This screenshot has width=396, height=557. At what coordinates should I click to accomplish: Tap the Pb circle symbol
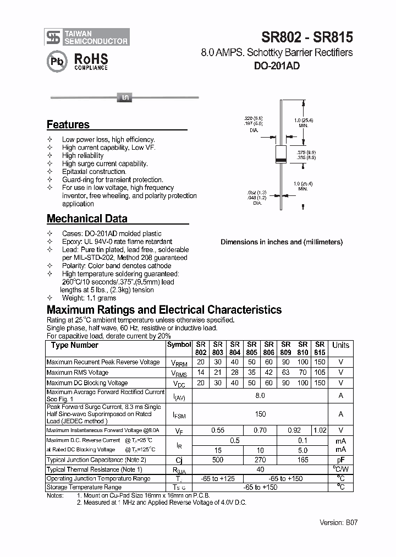(57, 62)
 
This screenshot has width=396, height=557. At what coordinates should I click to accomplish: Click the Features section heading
(68, 124)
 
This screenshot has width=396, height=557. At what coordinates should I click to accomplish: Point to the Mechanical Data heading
(87, 219)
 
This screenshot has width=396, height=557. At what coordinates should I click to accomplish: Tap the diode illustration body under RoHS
(124, 98)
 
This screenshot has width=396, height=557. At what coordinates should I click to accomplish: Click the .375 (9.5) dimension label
(306, 152)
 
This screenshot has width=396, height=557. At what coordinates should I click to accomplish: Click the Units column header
(340, 345)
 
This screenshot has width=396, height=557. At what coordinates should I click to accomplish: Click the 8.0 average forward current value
(260, 395)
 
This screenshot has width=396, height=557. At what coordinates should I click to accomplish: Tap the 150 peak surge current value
(260, 414)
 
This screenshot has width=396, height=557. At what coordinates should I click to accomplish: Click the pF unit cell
(340, 460)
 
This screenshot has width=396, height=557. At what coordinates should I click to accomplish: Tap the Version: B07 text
(338, 522)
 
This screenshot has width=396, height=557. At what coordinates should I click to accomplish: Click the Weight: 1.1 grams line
(89, 298)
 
